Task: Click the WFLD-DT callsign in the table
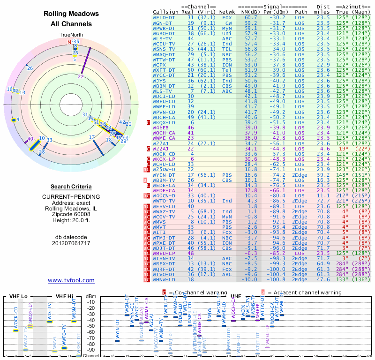pyautogui.click(x=163, y=17)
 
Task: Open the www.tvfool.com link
pyautogui.click(x=71, y=280)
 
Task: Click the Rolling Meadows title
pyautogui.click(x=71, y=14)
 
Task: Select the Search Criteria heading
pyautogui.click(x=71, y=187)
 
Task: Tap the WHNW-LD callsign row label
pyautogui.click(x=163, y=279)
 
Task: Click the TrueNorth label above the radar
pyautogui.click(x=71, y=35)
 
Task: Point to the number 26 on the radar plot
pyautogui.click(x=30, y=68)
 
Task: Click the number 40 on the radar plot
pyautogui.click(x=30, y=139)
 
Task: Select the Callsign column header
pyautogui.click(x=165, y=12)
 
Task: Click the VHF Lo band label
pyautogui.click(x=17, y=296)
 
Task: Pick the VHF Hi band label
pyautogui.click(x=64, y=296)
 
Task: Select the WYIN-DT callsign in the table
pyautogui.click(x=163, y=175)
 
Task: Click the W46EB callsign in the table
pyautogui.click(x=160, y=127)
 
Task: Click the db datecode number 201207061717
pyautogui.click(x=71, y=243)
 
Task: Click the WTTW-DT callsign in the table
pyautogui.click(x=163, y=60)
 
